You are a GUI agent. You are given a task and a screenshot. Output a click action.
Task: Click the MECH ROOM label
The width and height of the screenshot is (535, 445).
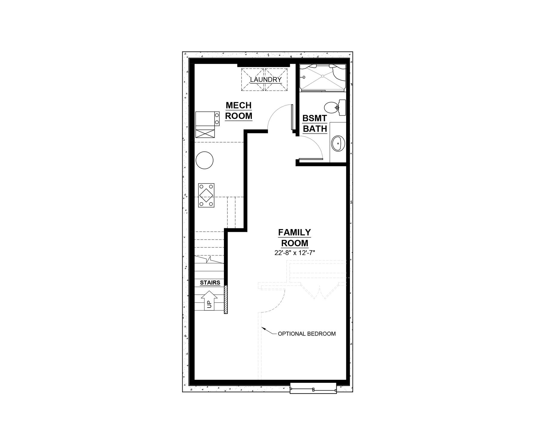[239, 111]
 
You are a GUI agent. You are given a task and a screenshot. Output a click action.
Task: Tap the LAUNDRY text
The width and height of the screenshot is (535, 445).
[266, 80]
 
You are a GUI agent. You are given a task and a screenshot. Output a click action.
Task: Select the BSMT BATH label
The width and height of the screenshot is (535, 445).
[315, 123]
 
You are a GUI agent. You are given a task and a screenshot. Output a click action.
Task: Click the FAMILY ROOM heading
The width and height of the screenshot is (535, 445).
[295, 238]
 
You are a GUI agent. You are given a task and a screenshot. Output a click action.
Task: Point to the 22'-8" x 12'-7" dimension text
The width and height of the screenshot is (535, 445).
[295, 253]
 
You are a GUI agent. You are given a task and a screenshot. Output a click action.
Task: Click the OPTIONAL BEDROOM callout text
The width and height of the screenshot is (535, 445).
[307, 334]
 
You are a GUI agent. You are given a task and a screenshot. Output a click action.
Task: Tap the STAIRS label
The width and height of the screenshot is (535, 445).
[210, 283]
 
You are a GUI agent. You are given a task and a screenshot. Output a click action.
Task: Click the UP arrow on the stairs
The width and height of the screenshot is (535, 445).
[209, 300]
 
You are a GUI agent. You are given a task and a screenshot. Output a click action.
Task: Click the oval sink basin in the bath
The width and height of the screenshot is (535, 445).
[338, 144]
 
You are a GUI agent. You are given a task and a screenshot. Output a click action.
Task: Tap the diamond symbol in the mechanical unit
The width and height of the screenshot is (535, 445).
[206, 195]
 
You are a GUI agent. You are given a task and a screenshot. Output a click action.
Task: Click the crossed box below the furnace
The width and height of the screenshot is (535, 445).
[205, 133]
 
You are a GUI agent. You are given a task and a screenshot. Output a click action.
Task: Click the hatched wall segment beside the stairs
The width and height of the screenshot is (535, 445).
[225, 300]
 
